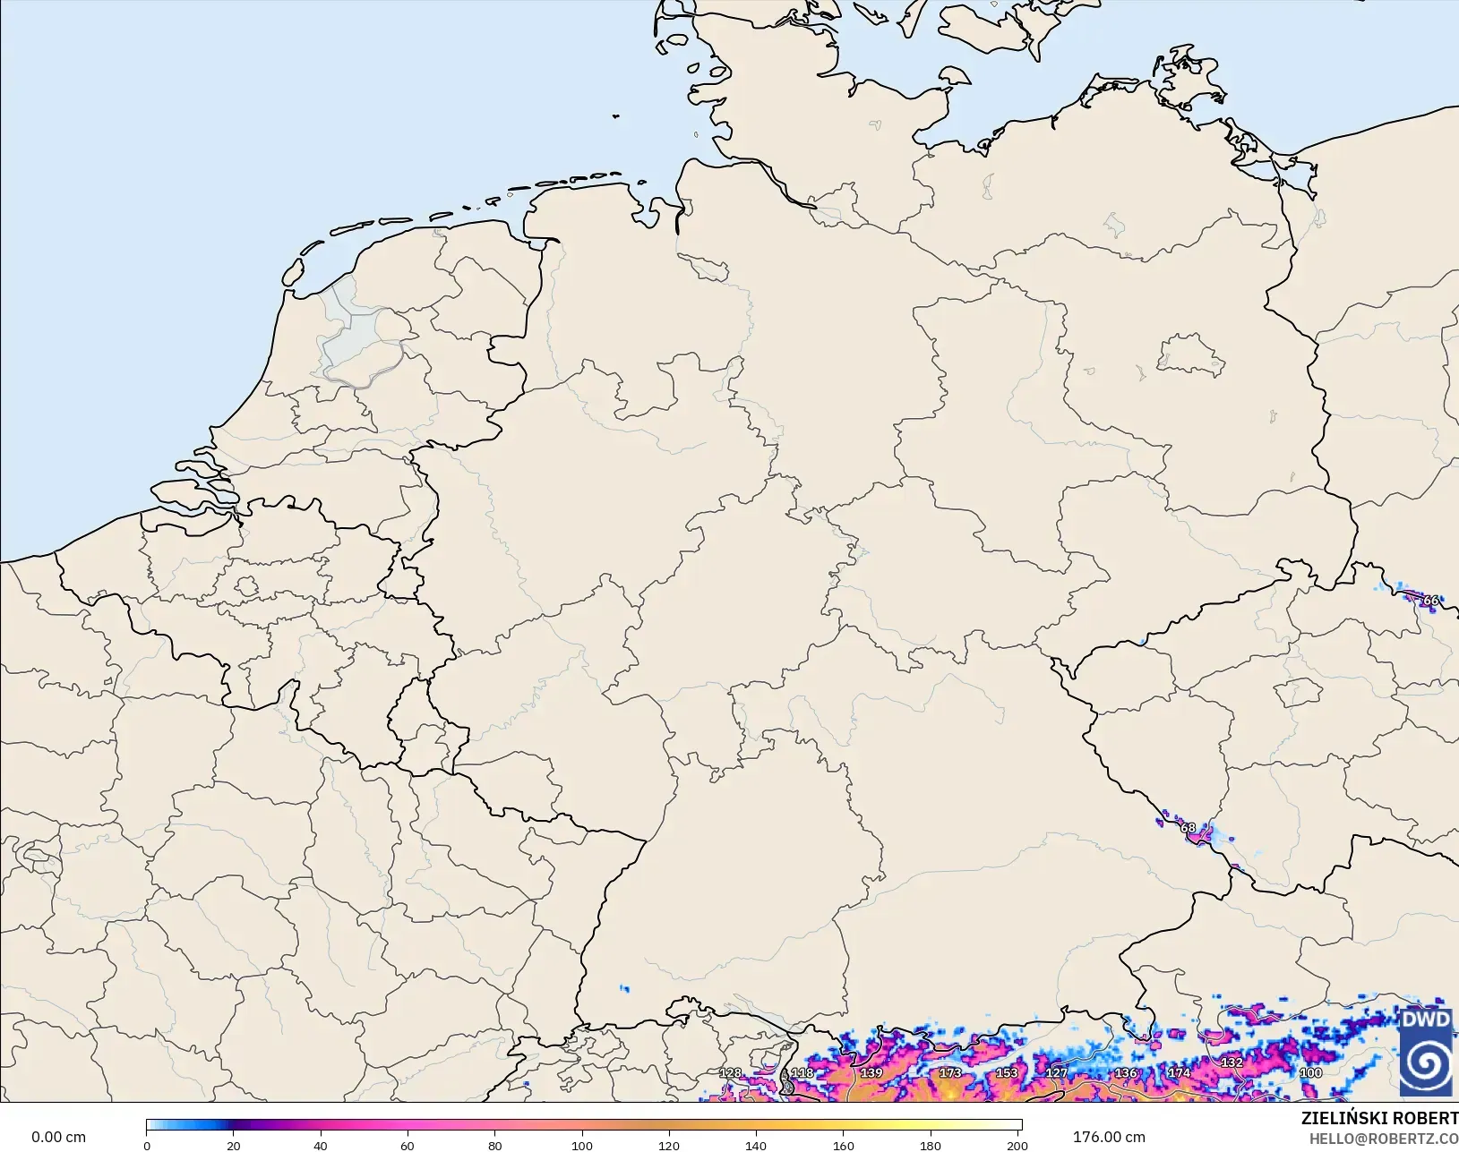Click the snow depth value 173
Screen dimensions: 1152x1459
[949, 1072]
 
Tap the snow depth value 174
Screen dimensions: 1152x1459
[1179, 1072]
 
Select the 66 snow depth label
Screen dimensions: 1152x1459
[1430, 601]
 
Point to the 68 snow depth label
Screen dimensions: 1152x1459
[1188, 828]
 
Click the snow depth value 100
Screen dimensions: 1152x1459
[1310, 1072]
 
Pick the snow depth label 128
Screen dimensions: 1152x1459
[731, 1072]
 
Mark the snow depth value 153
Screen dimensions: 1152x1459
[1007, 1072]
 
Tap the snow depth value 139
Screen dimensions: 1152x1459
[871, 1072]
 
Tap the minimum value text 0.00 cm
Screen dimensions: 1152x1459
[59, 1137]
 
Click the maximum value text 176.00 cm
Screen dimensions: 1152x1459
[1109, 1137]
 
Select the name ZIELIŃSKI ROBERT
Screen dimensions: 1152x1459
[1379, 1119]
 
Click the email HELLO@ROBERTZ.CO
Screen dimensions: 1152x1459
[1384, 1139]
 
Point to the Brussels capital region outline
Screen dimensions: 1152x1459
[247, 587]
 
